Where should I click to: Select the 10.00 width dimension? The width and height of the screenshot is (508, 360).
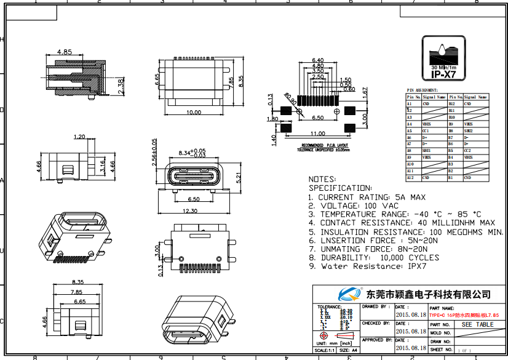click(x=194, y=113)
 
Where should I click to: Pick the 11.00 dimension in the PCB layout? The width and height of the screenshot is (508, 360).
click(x=317, y=134)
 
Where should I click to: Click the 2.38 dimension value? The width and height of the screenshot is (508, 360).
click(x=121, y=84)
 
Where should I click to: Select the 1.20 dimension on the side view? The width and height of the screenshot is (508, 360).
click(x=79, y=137)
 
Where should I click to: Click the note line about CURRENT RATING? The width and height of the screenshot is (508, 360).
click(x=367, y=197)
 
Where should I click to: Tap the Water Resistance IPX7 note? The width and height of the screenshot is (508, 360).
click(x=367, y=266)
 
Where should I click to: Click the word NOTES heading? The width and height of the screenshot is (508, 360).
click(x=322, y=179)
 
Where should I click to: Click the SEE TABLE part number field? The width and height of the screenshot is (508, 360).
click(x=477, y=324)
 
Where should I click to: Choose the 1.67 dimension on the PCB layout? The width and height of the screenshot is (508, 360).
click(x=365, y=92)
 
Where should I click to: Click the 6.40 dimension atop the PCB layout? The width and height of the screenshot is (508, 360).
click(x=318, y=60)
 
